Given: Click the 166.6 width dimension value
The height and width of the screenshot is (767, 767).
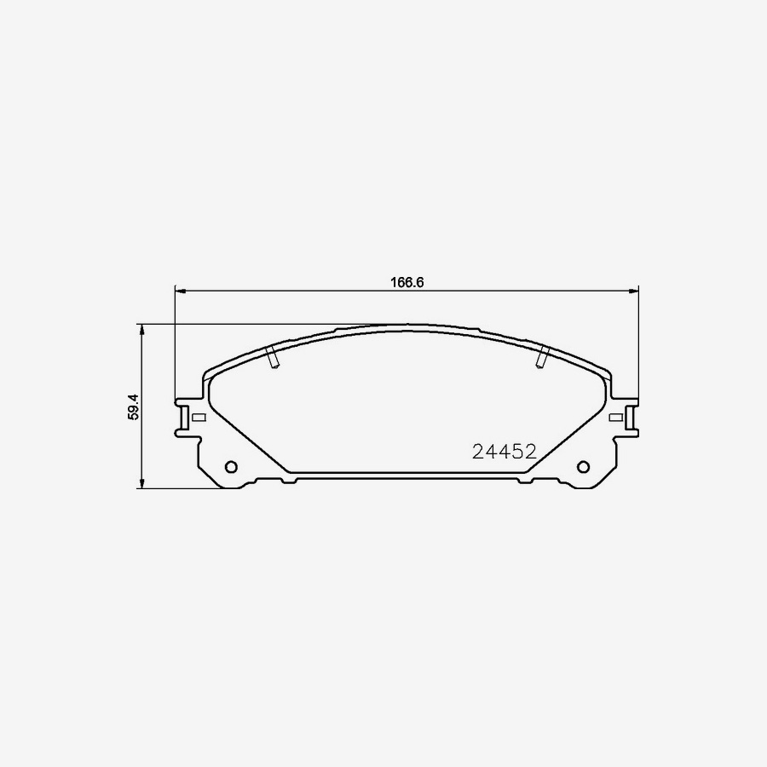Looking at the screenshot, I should pyautogui.click(x=407, y=282).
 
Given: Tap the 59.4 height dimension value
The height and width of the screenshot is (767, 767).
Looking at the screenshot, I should pyautogui.click(x=133, y=406).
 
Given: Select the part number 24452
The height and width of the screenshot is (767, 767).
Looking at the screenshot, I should pyautogui.click(x=505, y=452).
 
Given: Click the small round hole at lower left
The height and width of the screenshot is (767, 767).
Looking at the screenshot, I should pyautogui.click(x=230, y=467).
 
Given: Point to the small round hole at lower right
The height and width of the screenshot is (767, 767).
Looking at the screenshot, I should pyautogui.click(x=584, y=467).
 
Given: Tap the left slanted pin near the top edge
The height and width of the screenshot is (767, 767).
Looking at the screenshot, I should pyautogui.click(x=273, y=358).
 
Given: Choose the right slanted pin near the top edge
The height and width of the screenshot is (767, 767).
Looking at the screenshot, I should pyautogui.click(x=541, y=358).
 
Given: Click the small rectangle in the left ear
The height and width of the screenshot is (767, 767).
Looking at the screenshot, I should pyautogui.click(x=199, y=418).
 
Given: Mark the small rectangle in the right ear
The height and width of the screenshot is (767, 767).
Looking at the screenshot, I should pyautogui.click(x=615, y=418).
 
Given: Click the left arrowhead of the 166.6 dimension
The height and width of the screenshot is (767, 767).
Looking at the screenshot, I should pyautogui.click(x=179, y=291).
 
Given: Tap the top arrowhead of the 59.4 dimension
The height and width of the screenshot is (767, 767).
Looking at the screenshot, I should pyautogui.click(x=141, y=328).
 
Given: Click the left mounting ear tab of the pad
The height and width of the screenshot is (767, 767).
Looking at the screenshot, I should pyautogui.click(x=182, y=418).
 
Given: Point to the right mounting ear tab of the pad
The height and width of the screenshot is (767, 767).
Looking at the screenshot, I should pyautogui.click(x=631, y=418).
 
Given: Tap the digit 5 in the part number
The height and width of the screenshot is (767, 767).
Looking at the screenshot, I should pyautogui.click(x=517, y=452).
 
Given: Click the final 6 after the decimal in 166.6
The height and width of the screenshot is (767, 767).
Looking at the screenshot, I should pyautogui.click(x=420, y=282).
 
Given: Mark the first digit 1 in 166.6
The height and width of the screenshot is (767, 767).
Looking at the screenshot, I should pyautogui.click(x=394, y=282).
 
